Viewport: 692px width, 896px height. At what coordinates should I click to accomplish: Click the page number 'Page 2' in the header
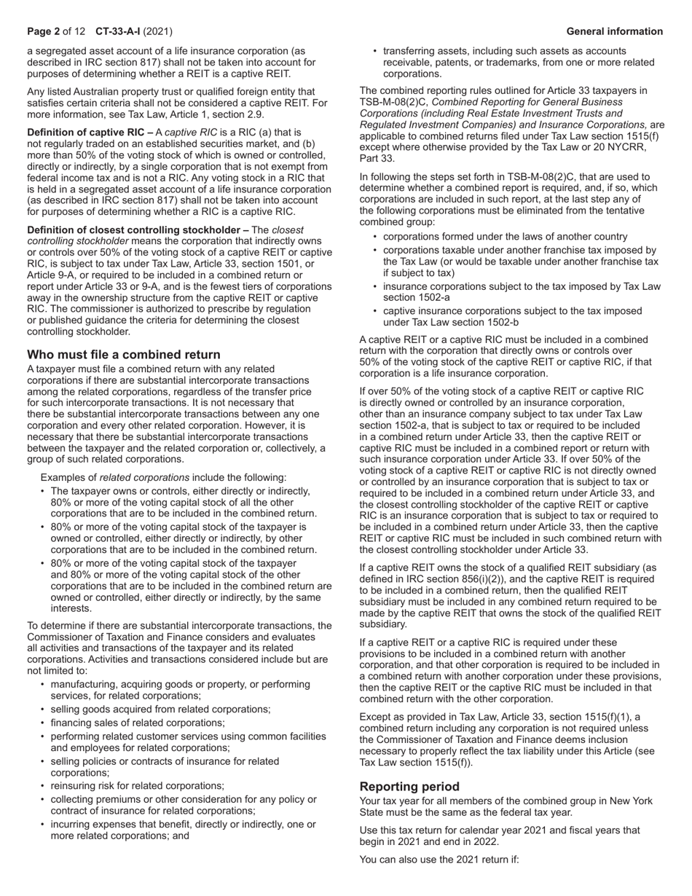tap(43, 31)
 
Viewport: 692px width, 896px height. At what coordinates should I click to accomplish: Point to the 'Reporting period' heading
tap(409, 787)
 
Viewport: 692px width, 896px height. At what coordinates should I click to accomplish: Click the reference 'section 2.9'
tap(240, 115)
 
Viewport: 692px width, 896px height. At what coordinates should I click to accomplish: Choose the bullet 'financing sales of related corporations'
tap(137, 723)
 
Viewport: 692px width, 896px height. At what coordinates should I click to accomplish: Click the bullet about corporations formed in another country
tap(505, 237)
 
